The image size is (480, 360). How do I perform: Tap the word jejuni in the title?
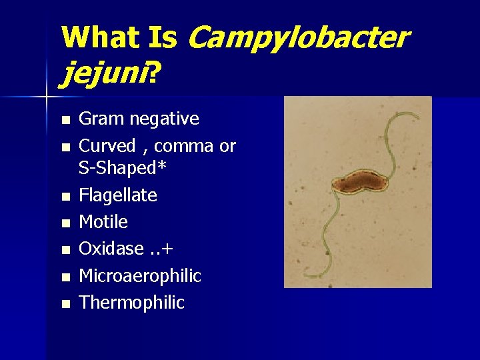coord(103,73)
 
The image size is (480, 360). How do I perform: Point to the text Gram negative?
coord(139,119)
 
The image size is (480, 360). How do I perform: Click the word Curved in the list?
coord(107,146)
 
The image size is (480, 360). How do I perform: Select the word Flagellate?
coord(118,195)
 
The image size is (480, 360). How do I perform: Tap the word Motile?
coord(103,221)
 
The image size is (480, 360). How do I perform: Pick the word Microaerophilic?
coord(140,275)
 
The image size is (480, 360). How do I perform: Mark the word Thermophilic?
coord(131,303)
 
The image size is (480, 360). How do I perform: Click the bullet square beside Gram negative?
coord(64,121)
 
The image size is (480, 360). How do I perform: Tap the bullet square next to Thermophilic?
coord(64,304)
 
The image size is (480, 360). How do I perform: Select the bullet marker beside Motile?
coord(64,223)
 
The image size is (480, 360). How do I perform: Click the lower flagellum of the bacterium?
coord(330,233)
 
